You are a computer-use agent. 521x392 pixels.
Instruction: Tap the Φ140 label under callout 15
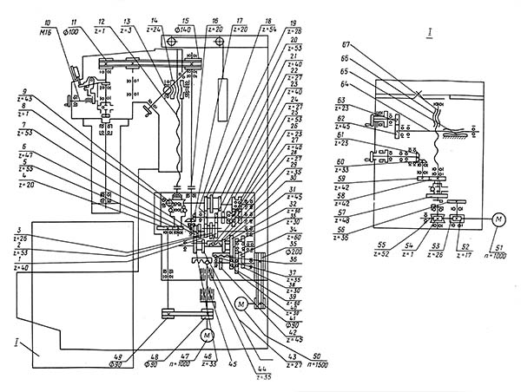pos(186,28)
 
